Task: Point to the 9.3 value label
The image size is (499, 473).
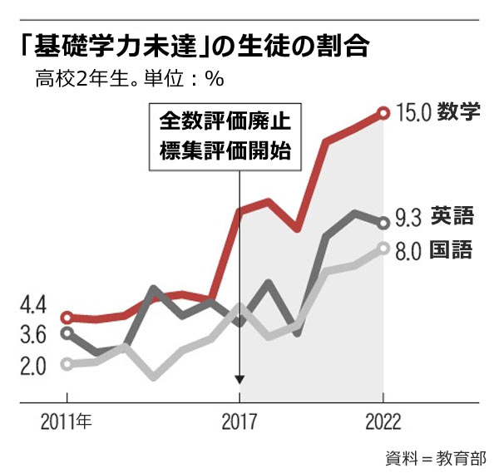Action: point(408,219)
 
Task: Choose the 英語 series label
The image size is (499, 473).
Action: point(453,218)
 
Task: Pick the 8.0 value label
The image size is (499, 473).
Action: point(408,250)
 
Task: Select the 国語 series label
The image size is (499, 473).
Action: point(453,249)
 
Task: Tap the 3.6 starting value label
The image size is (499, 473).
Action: point(33,335)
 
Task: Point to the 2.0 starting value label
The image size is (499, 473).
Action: point(33,366)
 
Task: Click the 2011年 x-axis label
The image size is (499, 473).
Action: point(67,421)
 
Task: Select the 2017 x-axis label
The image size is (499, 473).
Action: point(240,421)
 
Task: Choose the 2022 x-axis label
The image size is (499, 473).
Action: point(383,421)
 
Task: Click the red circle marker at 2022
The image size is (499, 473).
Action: point(383,112)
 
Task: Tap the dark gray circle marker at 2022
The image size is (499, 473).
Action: point(383,222)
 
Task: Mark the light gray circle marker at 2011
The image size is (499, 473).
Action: point(67,364)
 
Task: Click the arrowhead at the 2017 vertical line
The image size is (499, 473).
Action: point(240,379)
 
